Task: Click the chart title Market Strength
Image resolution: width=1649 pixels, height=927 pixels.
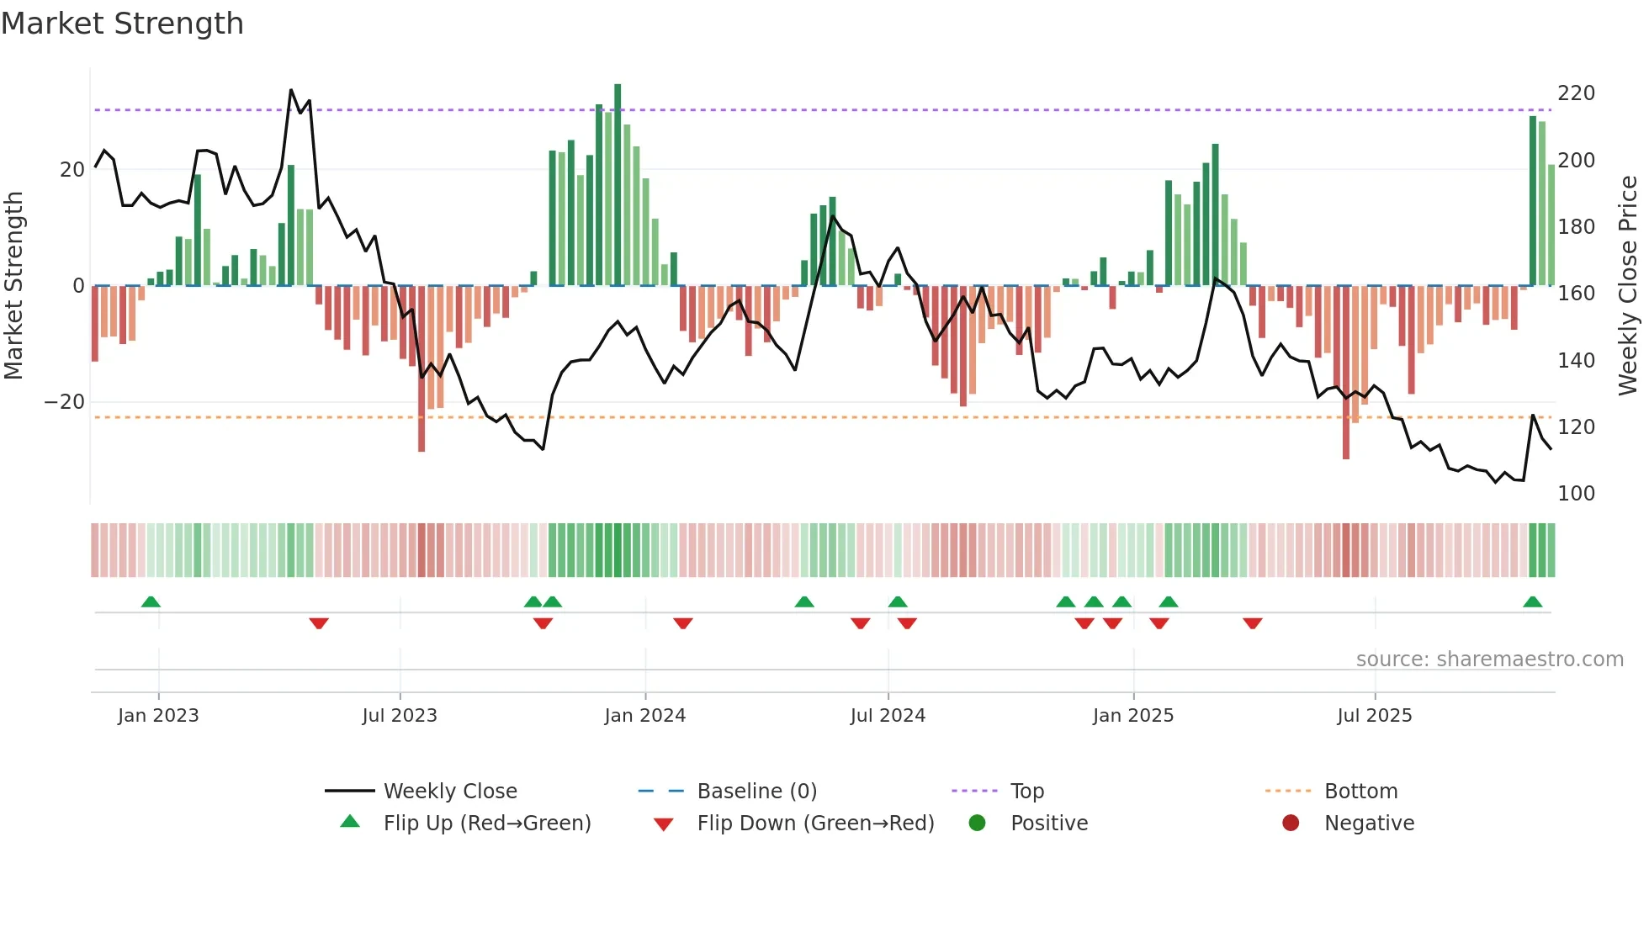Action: point(122,24)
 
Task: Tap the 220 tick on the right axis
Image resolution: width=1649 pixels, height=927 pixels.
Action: point(1576,93)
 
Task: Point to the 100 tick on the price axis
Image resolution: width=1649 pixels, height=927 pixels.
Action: point(1576,494)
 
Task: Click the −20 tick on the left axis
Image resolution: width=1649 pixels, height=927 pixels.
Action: point(65,402)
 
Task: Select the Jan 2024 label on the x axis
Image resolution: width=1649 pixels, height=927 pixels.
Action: point(644,716)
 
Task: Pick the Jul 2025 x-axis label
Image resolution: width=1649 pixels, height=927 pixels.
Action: point(1374,716)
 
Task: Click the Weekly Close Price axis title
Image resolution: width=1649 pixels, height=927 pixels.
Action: point(1628,286)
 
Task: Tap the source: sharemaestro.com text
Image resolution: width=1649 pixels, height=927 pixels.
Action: point(1489,659)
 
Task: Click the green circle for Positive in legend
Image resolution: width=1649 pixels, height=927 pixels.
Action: point(977,824)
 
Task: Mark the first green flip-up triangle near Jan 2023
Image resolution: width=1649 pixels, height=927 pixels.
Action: point(151,602)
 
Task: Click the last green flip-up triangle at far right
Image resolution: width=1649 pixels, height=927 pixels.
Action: point(1532,602)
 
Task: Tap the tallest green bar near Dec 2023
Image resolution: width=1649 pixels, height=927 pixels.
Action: point(618,185)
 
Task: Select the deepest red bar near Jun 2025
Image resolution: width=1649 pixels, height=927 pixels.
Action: point(1346,374)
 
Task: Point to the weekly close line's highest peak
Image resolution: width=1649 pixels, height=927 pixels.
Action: point(291,90)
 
